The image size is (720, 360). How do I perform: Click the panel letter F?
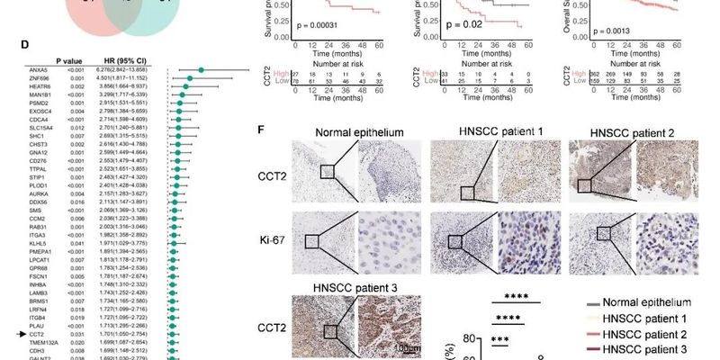(x=262, y=130)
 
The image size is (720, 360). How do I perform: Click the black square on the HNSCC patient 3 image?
(x=330, y=332)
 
